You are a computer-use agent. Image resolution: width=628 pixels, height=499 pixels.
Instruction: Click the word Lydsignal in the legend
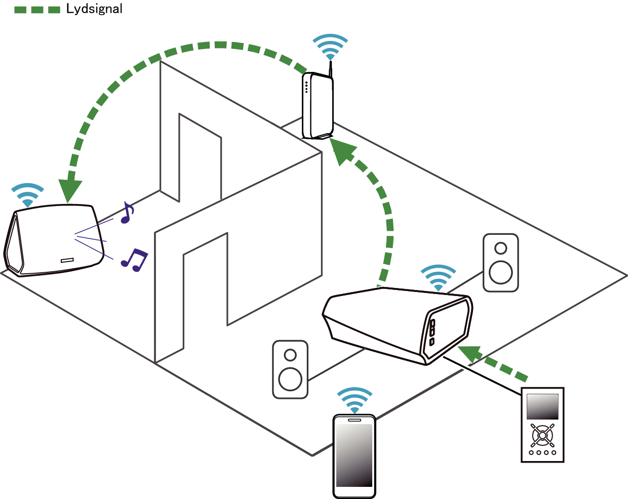[x=94, y=9]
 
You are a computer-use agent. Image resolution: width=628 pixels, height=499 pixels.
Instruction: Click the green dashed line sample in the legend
[x=37, y=10]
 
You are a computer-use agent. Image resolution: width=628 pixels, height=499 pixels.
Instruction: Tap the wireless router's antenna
[x=330, y=69]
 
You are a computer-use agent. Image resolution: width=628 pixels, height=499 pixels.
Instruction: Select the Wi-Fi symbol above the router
[x=330, y=47]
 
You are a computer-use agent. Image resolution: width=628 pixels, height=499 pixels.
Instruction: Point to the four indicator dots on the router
[x=306, y=87]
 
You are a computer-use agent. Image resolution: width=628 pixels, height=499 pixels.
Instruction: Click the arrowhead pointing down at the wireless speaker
[x=70, y=191]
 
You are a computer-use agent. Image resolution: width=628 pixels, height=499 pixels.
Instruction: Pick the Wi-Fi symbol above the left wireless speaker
[x=27, y=195]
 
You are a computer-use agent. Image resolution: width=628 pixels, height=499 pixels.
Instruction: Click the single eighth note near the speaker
[x=127, y=213]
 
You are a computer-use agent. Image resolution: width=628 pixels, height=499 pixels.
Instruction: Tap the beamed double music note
[x=135, y=260]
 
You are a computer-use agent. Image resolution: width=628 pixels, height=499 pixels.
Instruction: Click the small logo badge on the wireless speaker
[x=67, y=260]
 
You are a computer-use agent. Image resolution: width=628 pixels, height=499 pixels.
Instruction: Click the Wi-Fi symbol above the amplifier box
[x=438, y=277]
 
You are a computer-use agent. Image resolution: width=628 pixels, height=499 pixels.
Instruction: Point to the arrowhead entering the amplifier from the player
[x=470, y=355]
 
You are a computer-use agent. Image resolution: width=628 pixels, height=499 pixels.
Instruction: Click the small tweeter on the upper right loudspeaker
[x=501, y=248]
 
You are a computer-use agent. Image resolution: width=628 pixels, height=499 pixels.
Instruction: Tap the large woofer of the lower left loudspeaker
[x=290, y=379]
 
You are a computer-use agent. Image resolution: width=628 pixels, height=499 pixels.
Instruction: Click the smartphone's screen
[x=355, y=455]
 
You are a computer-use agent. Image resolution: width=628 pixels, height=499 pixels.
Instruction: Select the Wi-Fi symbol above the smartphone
[x=355, y=400]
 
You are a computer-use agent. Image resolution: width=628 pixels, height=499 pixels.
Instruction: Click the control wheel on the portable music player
[x=542, y=435]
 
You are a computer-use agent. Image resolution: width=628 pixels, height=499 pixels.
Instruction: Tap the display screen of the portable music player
[x=542, y=406]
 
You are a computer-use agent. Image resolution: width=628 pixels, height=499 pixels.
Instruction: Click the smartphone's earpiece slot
[x=355, y=420]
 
